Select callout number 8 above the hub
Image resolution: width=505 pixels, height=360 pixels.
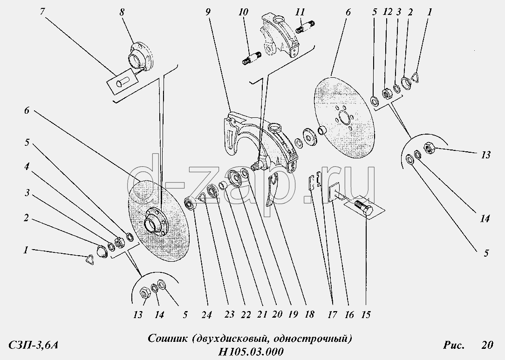122,13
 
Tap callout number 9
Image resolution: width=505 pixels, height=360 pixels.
208,12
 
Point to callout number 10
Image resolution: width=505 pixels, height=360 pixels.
244,12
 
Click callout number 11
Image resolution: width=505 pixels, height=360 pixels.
300,12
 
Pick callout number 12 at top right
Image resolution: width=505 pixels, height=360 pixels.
388,12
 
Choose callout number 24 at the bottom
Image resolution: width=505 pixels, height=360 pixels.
206,315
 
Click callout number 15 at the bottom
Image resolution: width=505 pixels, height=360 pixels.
366,315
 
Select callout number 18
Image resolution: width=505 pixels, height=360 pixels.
309,315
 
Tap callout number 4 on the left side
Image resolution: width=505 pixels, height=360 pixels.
27,166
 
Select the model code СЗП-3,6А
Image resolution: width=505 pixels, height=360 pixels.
33,345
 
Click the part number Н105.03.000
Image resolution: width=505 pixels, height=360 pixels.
251,351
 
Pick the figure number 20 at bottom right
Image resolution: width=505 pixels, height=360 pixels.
487,345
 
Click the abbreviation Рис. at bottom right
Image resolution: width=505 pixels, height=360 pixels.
454,345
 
